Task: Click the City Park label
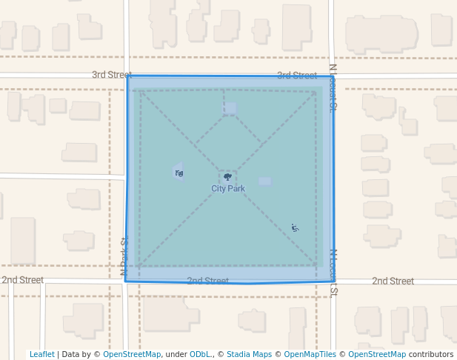(x=227, y=189)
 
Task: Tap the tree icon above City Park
(x=227, y=177)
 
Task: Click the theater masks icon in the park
(x=179, y=173)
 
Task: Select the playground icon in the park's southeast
(x=295, y=227)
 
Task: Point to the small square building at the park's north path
(x=230, y=109)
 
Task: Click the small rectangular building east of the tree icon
(x=264, y=181)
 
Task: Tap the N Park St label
(x=124, y=256)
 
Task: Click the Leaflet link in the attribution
(x=41, y=354)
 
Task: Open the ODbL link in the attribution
(x=199, y=354)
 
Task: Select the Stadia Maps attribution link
(x=249, y=354)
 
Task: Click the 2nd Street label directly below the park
(x=207, y=281)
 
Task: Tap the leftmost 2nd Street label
(x=22, y=280)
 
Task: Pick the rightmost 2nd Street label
(x=393, y=281)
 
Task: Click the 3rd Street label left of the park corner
(x=111, y=75)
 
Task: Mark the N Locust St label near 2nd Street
(x=334, y=271)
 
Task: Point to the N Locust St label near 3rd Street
(x=333, y=87)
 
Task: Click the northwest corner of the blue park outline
(x=128, y=76)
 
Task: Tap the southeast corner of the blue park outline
(x=334, y=281)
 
